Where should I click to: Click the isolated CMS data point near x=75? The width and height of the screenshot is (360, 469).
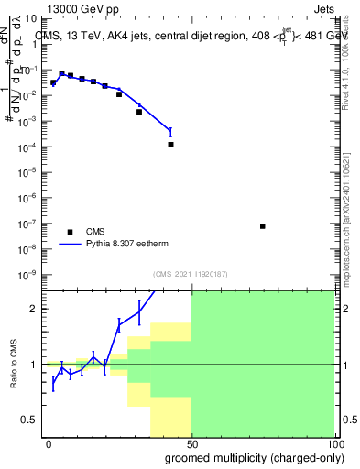tap(263, 226)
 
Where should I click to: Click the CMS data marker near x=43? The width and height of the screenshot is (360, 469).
tap(170, 145)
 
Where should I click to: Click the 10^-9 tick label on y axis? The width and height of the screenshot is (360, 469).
tap(29, 274)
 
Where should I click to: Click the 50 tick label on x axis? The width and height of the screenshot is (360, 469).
tap(191, 443)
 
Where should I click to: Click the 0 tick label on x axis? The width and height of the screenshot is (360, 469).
tap(49, 443)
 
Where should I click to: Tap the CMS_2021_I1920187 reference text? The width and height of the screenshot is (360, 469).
tap(190, 274)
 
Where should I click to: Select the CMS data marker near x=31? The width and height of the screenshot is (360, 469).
tap(139, 112)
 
